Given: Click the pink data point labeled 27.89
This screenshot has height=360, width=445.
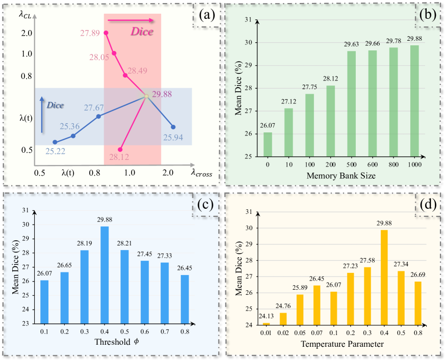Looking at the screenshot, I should click(x=106, y=33).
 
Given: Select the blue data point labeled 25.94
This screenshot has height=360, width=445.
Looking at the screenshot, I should click(x=173, y=127).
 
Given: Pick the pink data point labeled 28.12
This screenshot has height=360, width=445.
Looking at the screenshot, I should click(x=120, y=150).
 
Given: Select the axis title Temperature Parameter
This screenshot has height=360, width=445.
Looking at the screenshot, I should click(x=342, y=345).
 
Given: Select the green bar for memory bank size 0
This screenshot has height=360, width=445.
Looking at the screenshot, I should click(x=268, y=144).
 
